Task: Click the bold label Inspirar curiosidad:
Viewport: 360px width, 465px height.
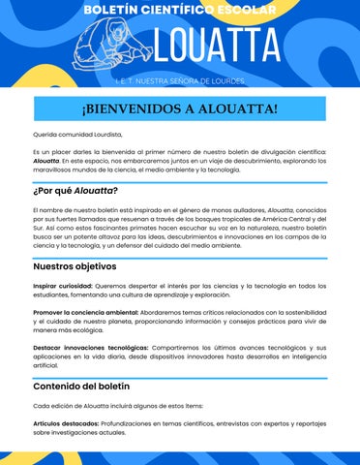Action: pyautogui.click(x=62, y=285)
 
